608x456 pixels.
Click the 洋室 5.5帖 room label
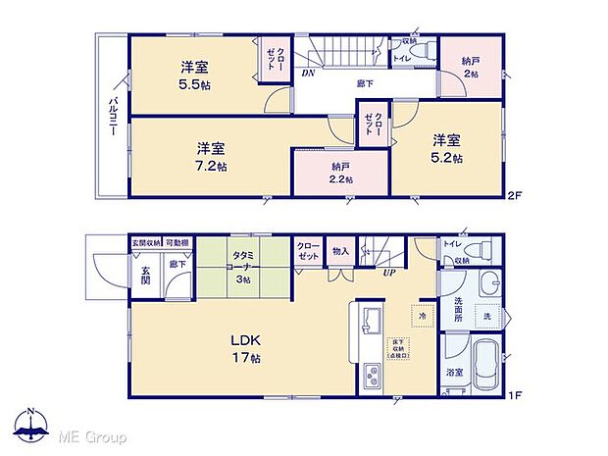(x=194, y=75)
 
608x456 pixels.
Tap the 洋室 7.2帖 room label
(x=211, y=157)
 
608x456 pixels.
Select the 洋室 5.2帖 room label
(x=447, y=148)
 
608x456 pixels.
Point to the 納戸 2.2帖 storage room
(x=340, y=173)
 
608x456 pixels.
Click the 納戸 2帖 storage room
(x=471, y=68)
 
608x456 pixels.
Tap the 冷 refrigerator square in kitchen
(x=423, y=317)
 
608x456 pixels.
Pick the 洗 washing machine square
(x=486, y=316)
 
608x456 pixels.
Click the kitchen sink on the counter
(x=373, y=320)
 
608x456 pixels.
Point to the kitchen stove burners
(x=373, y=374)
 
